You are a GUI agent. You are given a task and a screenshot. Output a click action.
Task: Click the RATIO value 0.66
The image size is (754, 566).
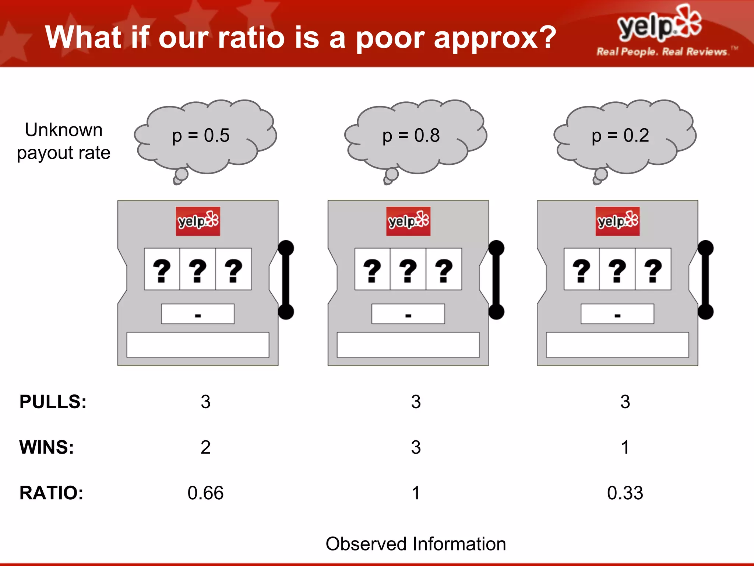coord(205,493)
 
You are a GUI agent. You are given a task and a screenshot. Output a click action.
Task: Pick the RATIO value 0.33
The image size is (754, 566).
coord(625,493)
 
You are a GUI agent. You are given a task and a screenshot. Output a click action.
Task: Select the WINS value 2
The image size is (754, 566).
coord(205,447)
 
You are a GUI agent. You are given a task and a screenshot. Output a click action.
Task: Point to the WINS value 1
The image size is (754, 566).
coord(625,447)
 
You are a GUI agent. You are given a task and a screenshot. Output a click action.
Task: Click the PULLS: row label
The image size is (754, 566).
coord(53,402)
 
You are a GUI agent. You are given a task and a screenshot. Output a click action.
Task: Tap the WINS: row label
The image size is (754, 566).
coord(47,447)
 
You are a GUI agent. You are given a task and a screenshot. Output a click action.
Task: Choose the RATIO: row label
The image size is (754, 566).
coord(52,493)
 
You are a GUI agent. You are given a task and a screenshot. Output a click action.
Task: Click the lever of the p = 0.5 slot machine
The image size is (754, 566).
coord(286,280)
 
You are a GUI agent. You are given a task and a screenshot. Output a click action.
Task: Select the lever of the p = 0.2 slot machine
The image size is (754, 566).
coord(705,280)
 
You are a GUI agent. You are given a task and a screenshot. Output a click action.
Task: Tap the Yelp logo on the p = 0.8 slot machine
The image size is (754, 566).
coord(408,221)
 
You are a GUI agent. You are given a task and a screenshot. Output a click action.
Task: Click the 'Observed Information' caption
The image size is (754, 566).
coord(416,544)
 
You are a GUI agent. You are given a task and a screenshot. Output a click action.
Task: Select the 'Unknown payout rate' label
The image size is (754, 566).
coord(64,141)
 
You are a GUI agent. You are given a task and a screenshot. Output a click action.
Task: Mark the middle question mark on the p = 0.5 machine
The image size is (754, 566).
coord(198,270)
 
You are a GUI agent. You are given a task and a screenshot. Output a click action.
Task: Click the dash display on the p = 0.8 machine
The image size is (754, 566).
coord(408,314)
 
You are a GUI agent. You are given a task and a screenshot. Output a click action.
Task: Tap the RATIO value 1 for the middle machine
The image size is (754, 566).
coord(416,493)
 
